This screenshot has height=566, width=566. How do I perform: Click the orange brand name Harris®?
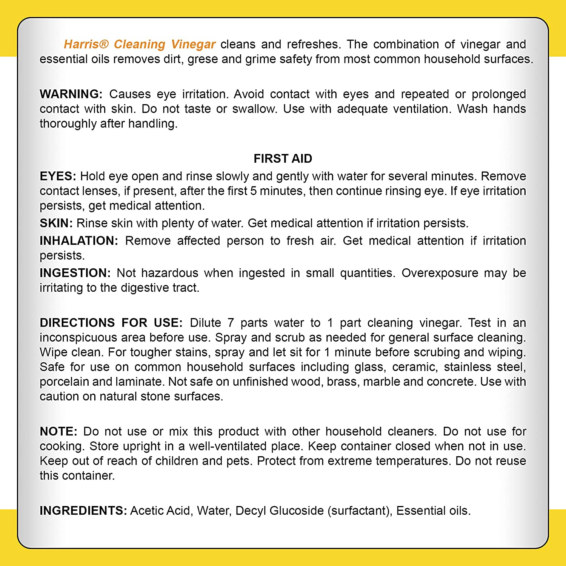(x=86, y=45)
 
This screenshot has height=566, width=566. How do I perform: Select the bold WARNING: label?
(x=71, y=94)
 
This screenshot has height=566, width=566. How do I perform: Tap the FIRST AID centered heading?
(x=283, y=158)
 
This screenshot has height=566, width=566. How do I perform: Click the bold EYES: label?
(x=58, y=176)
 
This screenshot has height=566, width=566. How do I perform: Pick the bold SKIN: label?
(x=56, y=223)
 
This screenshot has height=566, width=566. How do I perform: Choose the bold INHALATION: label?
(x=79, y=241)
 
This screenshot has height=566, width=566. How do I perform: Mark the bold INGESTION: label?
(x=75, y=273)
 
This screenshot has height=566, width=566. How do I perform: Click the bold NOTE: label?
(x=58, y=431)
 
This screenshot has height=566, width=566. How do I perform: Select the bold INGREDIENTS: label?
(x=83, y=511)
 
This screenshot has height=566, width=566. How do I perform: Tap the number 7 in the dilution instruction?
(x=231, y=323)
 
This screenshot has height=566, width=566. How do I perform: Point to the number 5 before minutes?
(x=254, y=191)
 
